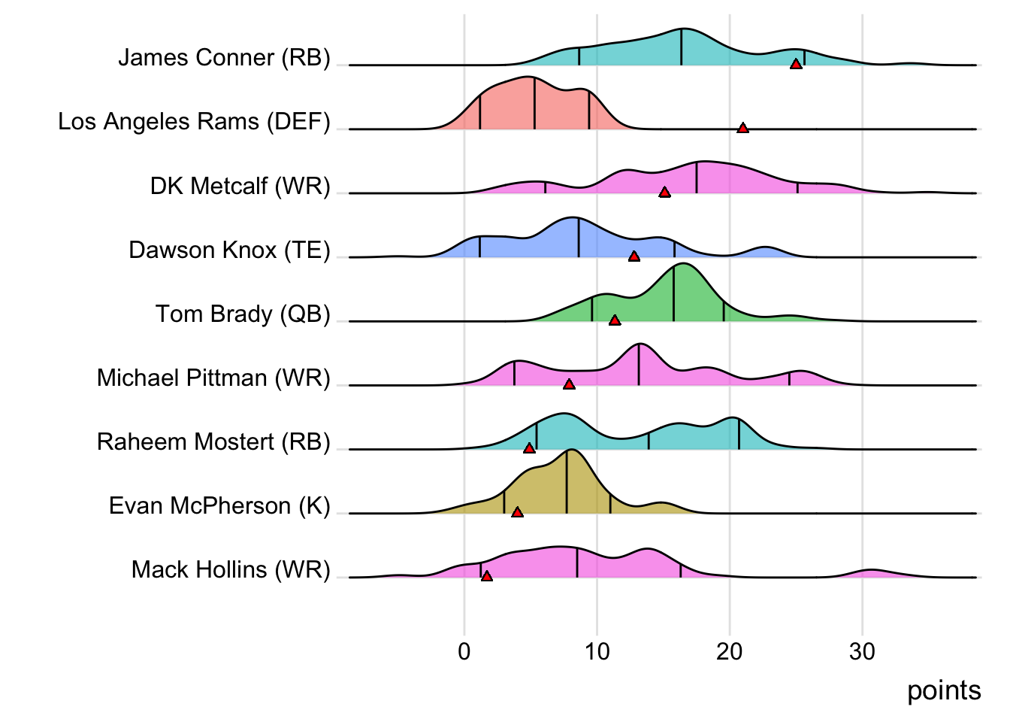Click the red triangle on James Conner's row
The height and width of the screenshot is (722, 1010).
[796, 64]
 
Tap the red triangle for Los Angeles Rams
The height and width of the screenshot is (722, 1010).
[742, 129]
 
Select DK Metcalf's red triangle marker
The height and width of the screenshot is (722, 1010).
[664, 193]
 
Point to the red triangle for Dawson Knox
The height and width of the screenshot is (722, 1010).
[634, 256]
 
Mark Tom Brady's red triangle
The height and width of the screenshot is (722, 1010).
[615, 320]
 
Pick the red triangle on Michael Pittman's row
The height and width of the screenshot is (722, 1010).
[569, 384]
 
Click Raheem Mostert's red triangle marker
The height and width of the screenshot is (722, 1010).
[529, 448]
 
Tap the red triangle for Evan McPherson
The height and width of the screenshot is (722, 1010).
[517, 512]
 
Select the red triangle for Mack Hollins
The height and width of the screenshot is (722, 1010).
[487, 576]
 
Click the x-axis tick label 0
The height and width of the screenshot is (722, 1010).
[464, 651]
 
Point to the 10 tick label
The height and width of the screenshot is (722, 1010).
[597, 651]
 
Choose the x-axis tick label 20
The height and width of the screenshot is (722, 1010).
[729, 651]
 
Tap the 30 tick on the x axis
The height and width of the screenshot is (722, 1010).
[862, 651]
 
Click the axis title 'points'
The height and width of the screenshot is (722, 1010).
[944, 690]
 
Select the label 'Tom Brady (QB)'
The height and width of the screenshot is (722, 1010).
[243, 314]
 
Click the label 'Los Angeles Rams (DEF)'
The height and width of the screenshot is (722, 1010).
[194, 122]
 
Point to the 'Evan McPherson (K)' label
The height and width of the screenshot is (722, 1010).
[219, 505]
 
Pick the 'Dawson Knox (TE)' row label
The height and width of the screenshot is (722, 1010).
[229, 250]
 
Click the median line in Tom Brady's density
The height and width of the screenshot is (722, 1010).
[674, 293]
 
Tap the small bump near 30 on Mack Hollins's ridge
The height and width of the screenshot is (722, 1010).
[869, 573]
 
